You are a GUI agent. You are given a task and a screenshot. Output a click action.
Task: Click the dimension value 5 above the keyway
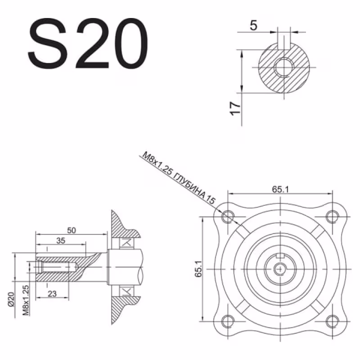click(x=253, y=26)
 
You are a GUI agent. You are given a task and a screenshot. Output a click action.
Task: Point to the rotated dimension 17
click(x=234, y=108)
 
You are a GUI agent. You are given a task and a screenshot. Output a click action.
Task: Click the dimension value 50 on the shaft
click(x=71, y=230)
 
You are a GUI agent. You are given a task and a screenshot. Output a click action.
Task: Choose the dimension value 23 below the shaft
click(x=52, y=294)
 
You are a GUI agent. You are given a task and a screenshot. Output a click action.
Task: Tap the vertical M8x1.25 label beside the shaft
click(x=25, y=300)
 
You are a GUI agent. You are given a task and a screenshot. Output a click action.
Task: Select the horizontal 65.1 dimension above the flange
click(x=279, y=189)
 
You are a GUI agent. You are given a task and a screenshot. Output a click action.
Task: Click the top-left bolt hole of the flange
click(x=228, y=216)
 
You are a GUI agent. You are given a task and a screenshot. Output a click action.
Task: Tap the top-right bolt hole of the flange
click(x=332, y=216)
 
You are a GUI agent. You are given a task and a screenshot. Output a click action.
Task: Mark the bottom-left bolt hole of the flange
click(x=228, y=320)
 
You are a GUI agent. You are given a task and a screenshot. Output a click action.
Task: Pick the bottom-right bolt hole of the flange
click(x=332, y=320)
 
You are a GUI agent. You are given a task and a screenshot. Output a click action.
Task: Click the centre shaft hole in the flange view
click(x=280, y=268)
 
